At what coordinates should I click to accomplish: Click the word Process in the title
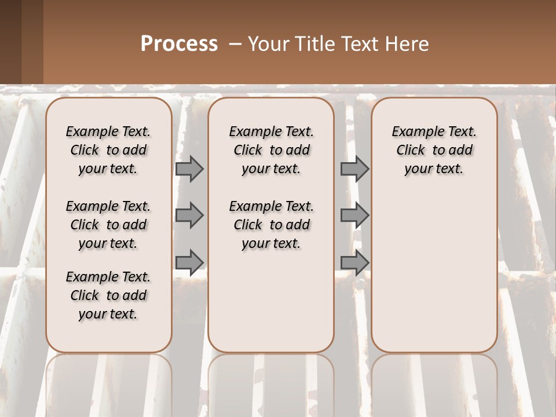[179, 44]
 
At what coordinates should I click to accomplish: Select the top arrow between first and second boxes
[189, 169]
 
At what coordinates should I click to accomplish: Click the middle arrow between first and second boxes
[189, 215]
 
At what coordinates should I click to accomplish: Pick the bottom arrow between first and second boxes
[189, 262]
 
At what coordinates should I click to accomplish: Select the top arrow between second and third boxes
[354, 169]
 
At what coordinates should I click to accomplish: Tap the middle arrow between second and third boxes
[354, 215]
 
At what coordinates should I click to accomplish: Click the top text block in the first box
[108, 150]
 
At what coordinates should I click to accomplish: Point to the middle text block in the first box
[108, 225]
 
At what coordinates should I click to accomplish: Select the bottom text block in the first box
[108, 295]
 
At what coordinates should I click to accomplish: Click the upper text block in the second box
[271, 150]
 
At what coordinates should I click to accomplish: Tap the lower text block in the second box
[271, 225]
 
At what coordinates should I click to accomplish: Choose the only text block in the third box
[434, 150]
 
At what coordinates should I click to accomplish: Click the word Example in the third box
[414, 132]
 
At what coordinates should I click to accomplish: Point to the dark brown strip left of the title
[21, 42]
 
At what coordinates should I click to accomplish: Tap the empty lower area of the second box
[271, 301]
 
